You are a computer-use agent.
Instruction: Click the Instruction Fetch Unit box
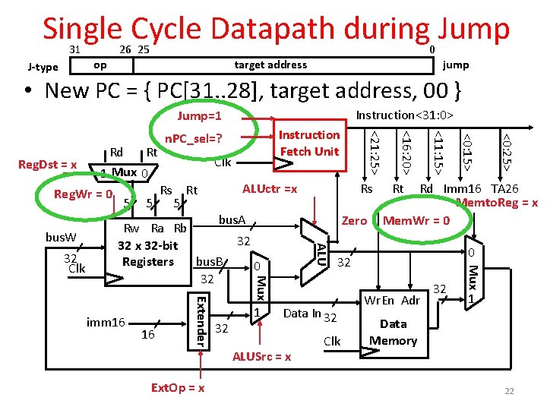point(308,143)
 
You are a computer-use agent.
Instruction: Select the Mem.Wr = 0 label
point(417,221)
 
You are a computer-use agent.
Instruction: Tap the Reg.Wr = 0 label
point(84,195)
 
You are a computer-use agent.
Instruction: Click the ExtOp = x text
point(177,388)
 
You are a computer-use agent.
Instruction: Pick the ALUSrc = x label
point(262,357)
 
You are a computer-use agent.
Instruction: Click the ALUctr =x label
point(269,189)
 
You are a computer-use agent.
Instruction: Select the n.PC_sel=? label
point(194,139)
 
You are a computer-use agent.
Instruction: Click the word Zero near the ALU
point(354,221)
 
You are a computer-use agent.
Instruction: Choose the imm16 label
point(106,323)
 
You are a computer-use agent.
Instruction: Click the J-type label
point(43,67)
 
